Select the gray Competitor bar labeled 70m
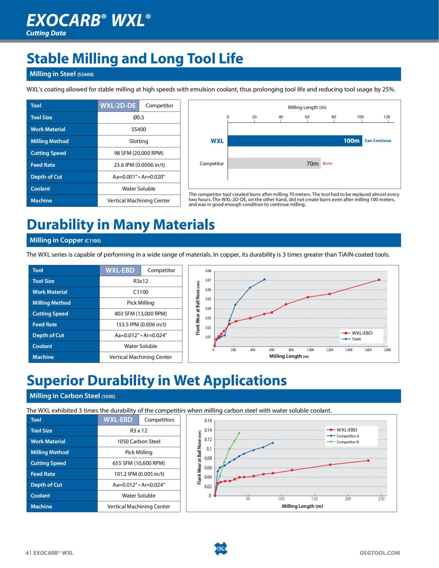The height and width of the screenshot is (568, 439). click(274, 163)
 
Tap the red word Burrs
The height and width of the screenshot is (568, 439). click(327, 163)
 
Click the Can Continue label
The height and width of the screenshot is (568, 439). click(378, 141)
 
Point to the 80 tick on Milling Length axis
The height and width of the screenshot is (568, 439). click(334, 117)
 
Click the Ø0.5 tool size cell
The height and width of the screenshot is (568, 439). click(139, 117)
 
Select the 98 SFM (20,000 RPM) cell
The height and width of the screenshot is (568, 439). click(139, 153)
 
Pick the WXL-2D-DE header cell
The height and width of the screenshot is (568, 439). click(118, 106)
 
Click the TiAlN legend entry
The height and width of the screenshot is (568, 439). click(356, 339)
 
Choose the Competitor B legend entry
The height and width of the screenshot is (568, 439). click(347, 442)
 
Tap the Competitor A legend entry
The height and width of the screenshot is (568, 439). click(347, 436)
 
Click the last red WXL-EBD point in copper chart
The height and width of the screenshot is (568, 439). click(379, 280)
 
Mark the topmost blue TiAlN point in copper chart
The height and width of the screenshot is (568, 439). click(264, 279)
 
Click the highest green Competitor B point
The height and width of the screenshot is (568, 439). click(239, 433)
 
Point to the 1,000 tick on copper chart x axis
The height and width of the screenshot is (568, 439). click(310, 350)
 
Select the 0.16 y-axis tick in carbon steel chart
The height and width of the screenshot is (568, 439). click(208, 421)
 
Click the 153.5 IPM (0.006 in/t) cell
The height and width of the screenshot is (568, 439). click(141, 324)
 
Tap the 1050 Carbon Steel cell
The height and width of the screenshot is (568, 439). click(139, 441)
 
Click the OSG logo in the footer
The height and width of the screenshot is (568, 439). click(220, 549)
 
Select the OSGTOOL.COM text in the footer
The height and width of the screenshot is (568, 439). click(379, 553)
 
